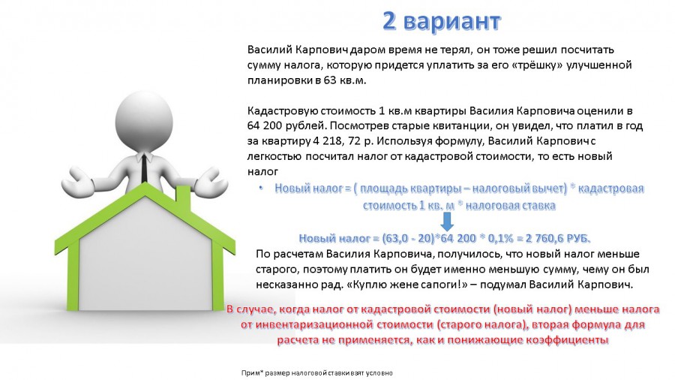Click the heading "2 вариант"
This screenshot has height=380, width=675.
[x=441, y=21]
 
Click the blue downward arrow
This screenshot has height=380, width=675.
[x=447, y=222]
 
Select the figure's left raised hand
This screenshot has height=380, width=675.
[x=77, y=182]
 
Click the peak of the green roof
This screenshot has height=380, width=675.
[x=145, y=185]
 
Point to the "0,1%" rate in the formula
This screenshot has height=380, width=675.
[x=502, y=238]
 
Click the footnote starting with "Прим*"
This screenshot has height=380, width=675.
[x=316, y=373]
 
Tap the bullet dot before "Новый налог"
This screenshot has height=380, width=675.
[x=261, y=188]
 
